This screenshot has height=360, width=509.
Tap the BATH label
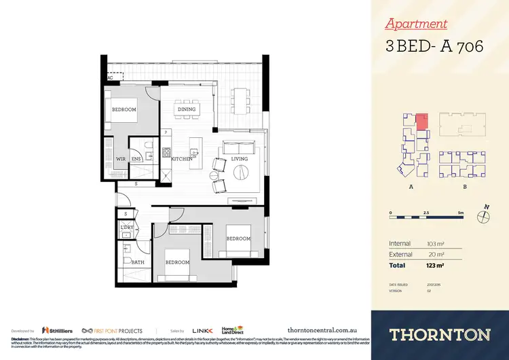point(138,262)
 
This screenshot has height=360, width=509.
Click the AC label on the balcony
point(110,79)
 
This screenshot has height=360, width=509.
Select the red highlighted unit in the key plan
point(421,122)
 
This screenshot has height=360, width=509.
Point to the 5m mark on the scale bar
point(461,213)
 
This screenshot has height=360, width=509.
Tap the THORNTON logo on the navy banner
point(440,334)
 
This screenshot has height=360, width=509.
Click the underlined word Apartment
point(416,24)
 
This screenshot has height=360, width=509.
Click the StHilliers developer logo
point(54,330)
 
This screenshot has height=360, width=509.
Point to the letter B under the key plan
point(464,185)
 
